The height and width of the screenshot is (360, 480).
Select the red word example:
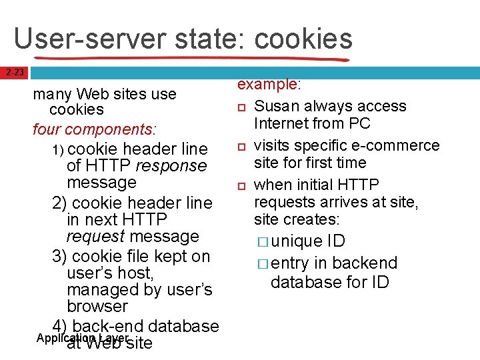[270, 85]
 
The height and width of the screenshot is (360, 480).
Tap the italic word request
[95, 236]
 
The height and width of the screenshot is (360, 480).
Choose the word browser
[97, 306]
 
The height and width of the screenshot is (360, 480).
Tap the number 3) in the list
[59, 256]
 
